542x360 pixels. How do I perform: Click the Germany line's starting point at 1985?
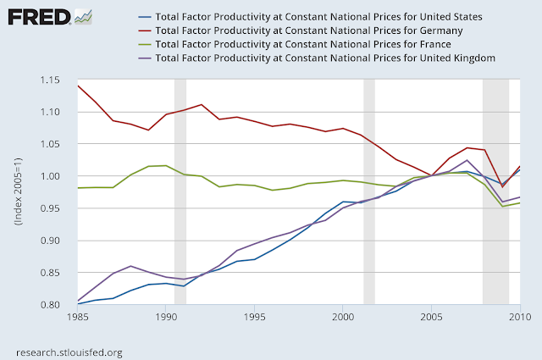click(77, 86)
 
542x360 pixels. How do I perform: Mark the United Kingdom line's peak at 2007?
click(467, 160)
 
